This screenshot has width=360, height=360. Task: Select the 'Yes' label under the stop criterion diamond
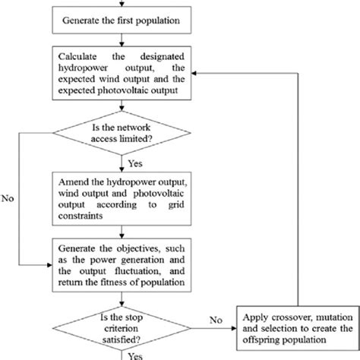pos(135,354)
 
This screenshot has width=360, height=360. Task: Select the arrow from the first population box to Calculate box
pos(122,39)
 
